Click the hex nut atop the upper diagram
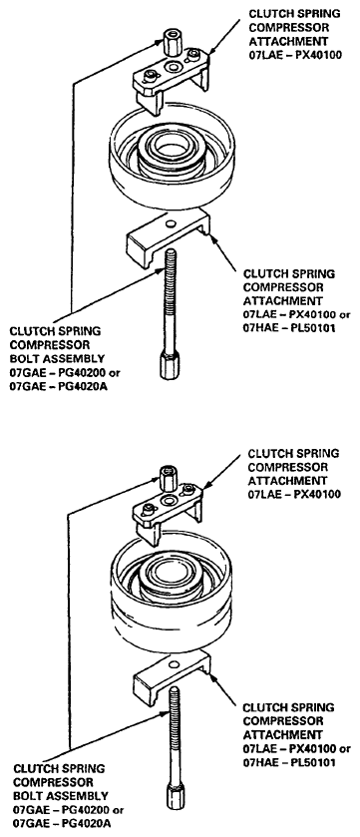(x=173, y=44)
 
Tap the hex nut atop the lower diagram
(x=168, y=476)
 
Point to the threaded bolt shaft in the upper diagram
(x=171, y=300)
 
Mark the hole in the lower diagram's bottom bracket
(x=175, y=662)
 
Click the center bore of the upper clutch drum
(x=171, y=149)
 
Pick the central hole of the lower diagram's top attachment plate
(x=171, y=500)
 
